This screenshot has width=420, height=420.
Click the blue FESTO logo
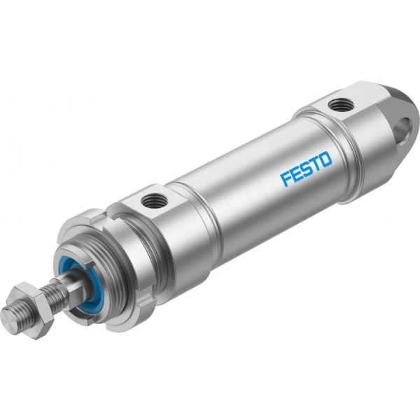click(x=306, y=169)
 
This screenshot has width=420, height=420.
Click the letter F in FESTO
click(x=286, y=179)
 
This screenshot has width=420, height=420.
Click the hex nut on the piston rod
click(x=31, y=310)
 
